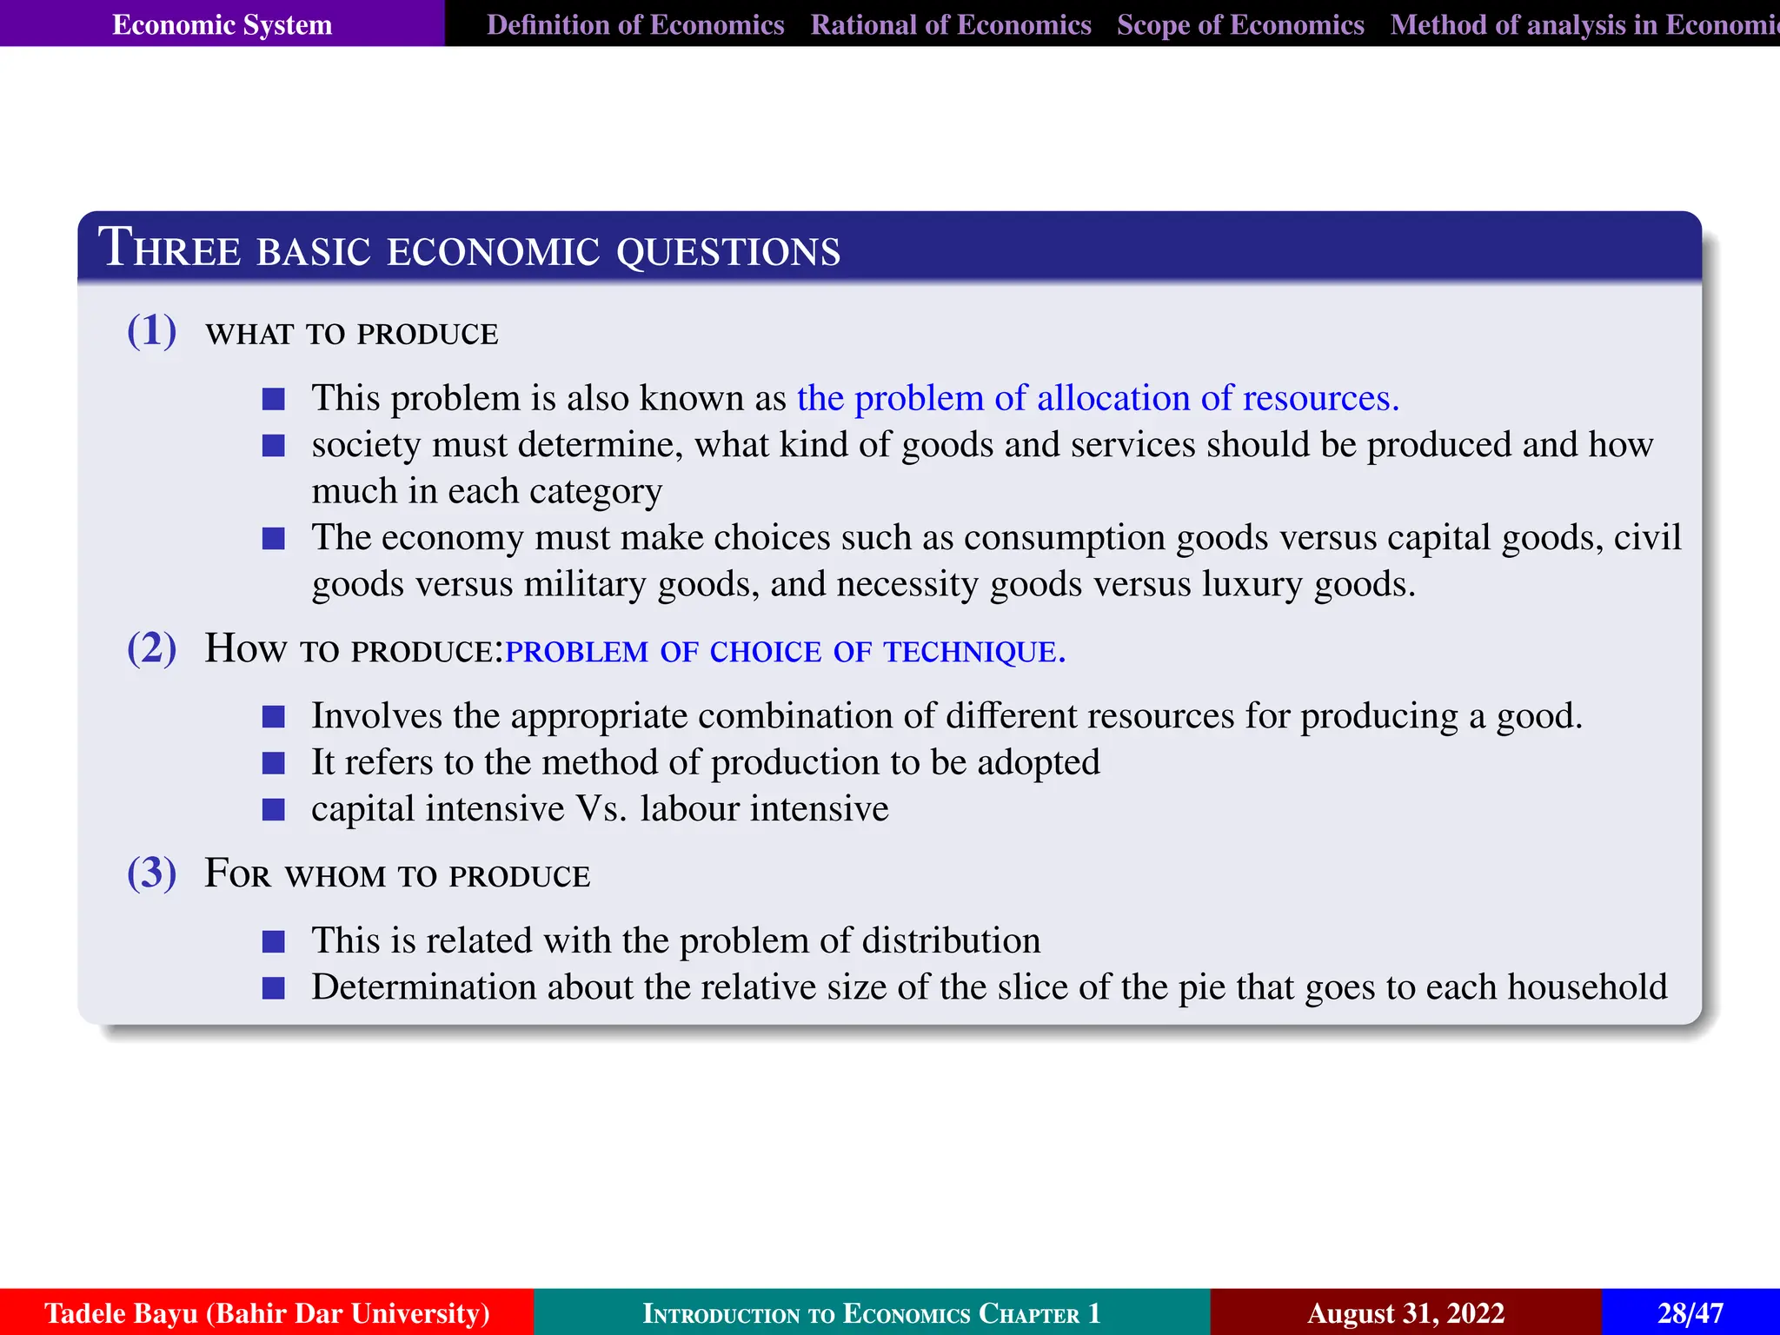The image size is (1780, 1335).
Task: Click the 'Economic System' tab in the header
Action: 222,24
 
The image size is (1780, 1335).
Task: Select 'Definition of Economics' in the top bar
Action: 635,24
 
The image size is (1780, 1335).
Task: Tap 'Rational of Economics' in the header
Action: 951,24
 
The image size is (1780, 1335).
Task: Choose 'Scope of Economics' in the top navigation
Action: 1240,24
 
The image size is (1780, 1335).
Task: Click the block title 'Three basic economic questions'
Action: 469,249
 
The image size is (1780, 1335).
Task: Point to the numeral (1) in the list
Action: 152,331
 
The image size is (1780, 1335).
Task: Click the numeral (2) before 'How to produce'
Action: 152,648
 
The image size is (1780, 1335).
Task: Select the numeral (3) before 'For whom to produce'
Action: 152,873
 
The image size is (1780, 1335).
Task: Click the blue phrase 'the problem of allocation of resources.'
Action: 1098,398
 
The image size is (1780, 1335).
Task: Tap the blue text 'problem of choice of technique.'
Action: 785,651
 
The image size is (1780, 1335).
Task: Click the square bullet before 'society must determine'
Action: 274,446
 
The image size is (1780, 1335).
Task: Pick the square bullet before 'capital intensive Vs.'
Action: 274,810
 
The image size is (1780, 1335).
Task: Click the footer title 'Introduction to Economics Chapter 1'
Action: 871,1312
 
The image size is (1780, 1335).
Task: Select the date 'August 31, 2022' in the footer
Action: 1405,1312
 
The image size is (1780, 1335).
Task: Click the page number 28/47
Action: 1690,1312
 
